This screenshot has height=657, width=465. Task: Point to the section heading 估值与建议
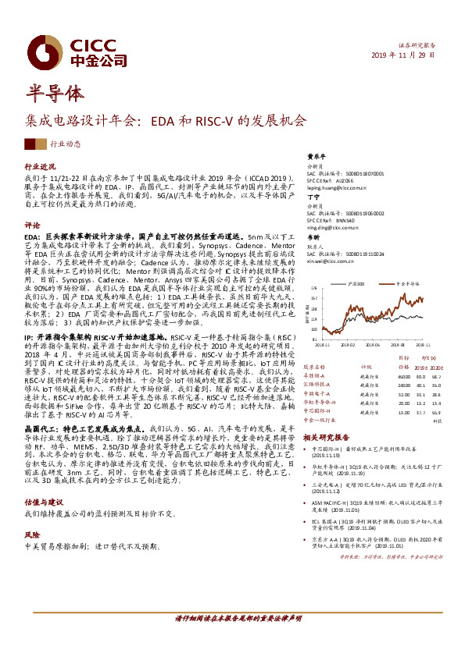pos(43,481)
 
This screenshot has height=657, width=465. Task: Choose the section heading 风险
pos(31,514)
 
